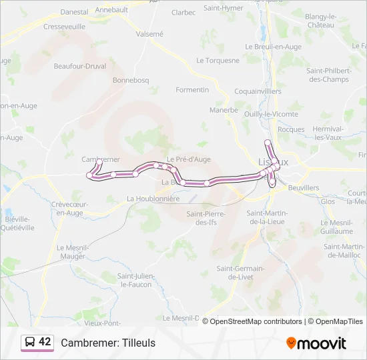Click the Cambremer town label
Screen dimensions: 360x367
point(100,159)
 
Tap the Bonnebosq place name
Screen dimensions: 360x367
point(131,80)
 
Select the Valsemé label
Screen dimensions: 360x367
point(149,33)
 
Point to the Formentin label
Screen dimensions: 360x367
point(192,89)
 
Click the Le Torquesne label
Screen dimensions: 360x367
point(218,60)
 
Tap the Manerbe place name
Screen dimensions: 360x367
point(224,110)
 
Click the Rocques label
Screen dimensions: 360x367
point(291,129)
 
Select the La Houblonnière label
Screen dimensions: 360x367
point(153,198)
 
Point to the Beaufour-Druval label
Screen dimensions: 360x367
point(81,66)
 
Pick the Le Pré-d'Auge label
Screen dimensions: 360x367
point(189,159)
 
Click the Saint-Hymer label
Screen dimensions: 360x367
point(223,8)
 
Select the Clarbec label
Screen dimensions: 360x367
point(183,12)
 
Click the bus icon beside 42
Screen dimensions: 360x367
point(30,343)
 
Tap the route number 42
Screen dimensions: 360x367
point(45,342)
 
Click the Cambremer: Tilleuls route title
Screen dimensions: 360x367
point(108,343)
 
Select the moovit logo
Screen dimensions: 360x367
point(316,343)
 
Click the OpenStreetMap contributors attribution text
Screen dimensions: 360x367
point(256,321)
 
